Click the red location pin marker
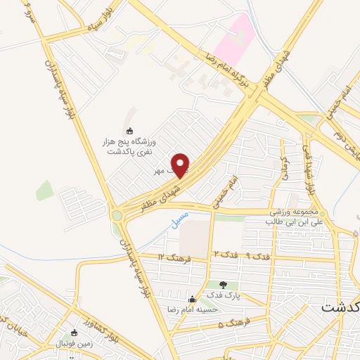coord(181,165)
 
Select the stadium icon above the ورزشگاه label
coord(129,130)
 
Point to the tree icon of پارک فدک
coord(224,285)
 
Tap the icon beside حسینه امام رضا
coord(192,300)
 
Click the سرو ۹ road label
coord(28,13)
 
